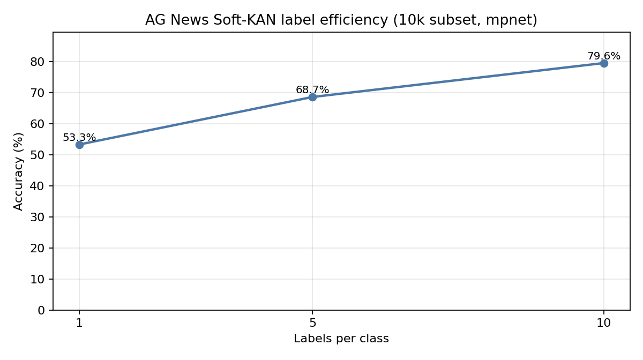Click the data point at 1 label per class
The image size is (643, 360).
(x=79, y=145)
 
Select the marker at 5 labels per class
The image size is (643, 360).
(x=312, y=97)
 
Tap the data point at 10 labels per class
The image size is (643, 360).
(x=604, y=63)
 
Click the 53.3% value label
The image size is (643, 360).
(x=79, y=138)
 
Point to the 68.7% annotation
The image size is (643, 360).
(x=312, y=90)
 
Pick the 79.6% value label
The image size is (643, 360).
(x=604, y=56)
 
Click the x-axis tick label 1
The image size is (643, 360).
(x=79, y=324)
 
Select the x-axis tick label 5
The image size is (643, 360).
(x=312, y=324)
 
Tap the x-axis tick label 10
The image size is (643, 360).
(x=604, y=324)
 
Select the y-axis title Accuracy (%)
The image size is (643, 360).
(x=19, y=171)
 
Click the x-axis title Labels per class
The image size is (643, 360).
(x=341, y=339)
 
